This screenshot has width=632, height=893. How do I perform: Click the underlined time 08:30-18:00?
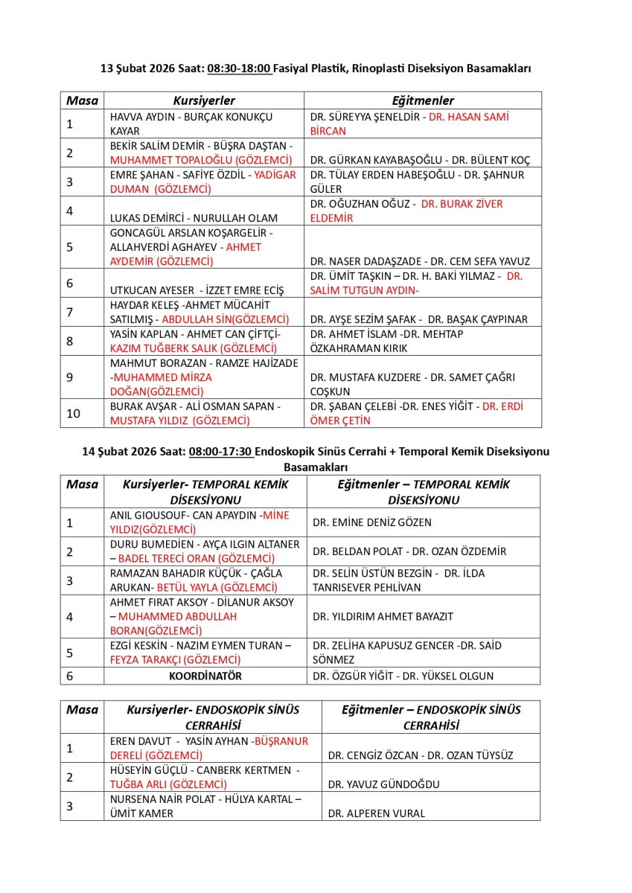coord(238,68)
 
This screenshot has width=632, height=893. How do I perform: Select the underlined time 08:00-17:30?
coord(221,452)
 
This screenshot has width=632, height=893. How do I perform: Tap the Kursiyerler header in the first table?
coord(204,100)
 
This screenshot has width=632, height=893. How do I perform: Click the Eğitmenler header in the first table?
coord(423,100)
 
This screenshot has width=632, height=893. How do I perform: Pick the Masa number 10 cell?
coord(74,414)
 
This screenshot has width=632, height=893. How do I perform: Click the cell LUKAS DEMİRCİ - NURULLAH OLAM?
coord(194,218)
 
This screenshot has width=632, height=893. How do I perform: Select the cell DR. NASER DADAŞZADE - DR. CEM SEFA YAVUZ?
coord(420,261)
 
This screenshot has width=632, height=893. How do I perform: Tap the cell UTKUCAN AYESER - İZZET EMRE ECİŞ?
coord(197,290)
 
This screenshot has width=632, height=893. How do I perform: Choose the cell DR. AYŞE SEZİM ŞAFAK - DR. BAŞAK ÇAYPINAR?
coord(418,319)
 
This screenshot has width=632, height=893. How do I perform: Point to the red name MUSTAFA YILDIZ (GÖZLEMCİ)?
coord(179,420)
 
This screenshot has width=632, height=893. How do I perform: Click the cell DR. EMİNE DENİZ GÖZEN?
coord(372,522)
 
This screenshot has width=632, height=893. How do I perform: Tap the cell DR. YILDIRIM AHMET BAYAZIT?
coord(383,616)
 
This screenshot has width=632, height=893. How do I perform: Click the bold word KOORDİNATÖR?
coord(205,676)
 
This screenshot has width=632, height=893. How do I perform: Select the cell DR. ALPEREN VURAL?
coord(377,813)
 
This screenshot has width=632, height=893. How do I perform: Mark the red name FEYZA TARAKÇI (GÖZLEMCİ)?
coord(176,660)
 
